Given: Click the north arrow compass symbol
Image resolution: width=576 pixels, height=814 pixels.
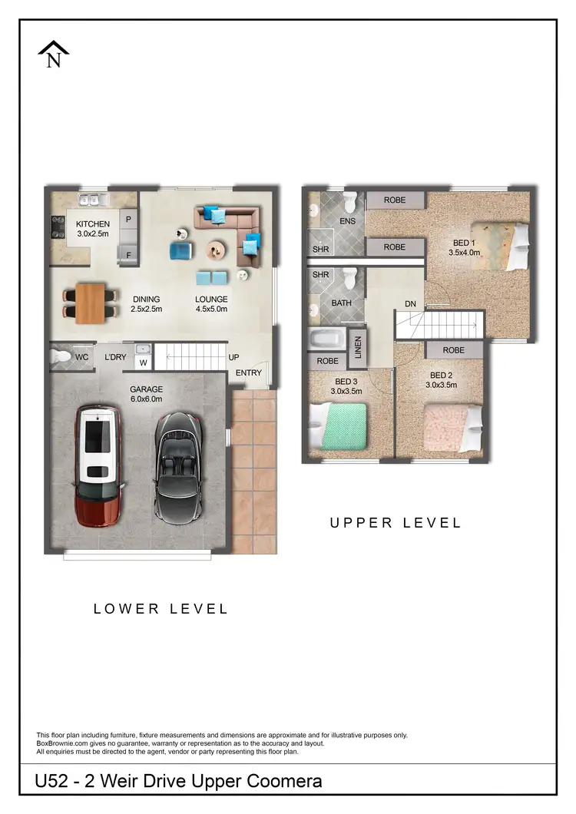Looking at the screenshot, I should coord(54,55).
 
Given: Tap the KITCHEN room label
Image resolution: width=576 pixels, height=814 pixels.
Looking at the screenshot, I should coord(92,224).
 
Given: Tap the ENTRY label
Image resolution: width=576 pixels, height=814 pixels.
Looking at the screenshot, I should coord(249,373).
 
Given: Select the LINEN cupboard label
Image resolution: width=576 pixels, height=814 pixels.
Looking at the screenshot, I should coord(357,348).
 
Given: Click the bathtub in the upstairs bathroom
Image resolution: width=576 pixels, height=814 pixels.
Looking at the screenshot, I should coord(326,339).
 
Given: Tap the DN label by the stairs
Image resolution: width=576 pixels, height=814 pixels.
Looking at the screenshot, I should coord(411,305).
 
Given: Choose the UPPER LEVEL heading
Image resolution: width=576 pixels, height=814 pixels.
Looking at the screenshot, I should coord(396,523).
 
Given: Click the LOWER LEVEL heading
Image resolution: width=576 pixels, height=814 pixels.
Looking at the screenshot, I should coord(161,609).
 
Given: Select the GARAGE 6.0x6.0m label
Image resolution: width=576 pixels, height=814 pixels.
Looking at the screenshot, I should coord(146,394).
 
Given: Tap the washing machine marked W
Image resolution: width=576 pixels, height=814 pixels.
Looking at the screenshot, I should coord(143,363).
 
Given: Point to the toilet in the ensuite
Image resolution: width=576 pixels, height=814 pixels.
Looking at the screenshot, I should coord(350,203).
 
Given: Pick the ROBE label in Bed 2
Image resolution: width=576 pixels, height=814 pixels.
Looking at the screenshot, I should coord(453,350).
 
